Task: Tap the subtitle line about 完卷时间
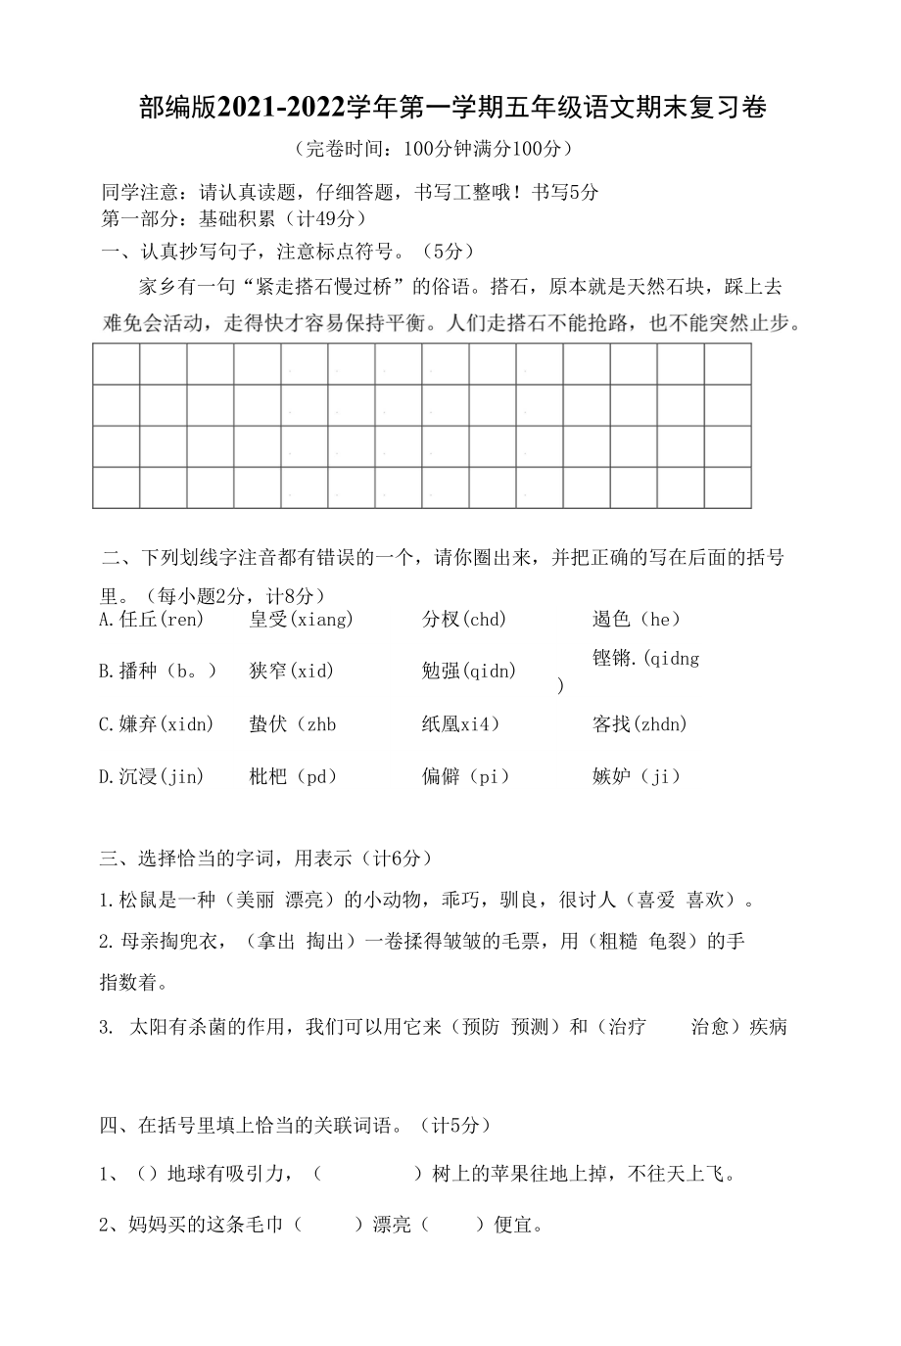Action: point(431,149)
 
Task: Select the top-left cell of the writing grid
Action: point(117,364)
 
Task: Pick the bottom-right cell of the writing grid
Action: point(728,487)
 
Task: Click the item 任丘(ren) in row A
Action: point(151,619)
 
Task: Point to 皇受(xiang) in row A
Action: point(301,619)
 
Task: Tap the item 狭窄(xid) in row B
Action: point(291,671)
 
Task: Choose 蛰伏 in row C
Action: point(268,724)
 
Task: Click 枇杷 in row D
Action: point(268,776)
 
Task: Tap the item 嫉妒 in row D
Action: point(611,776)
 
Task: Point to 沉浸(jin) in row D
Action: point(151,776)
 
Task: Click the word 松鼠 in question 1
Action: point(139,900)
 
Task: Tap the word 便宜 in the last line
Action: point(515,1224)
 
